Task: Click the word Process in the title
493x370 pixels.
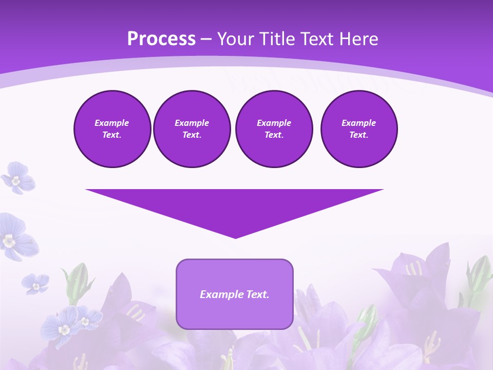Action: [x=161, y=39]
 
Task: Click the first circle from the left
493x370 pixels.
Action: [x=112, y=129]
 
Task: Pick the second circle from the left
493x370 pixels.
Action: [x=192, y=129]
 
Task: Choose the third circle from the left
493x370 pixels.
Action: [x=274, y=129]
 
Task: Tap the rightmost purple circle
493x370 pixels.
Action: [x=358, y=129]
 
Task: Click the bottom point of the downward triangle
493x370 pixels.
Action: [x=235, y=237]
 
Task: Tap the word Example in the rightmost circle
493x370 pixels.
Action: [x=358, y=123]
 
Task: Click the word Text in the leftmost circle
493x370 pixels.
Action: [x=112, y=135]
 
